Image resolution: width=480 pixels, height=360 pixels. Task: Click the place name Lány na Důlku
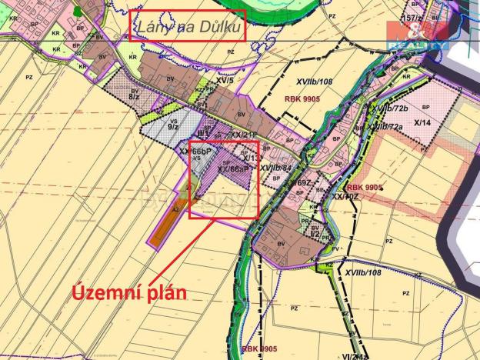click(x=188, y=28)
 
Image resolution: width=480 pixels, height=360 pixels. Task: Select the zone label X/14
click(x=423, y=123)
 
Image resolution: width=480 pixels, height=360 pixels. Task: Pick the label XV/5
click(x=224, y=80)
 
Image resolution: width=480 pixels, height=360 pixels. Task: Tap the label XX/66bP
click(x=195, y=152)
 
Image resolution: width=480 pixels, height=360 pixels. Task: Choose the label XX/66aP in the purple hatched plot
click(x=233, y=169)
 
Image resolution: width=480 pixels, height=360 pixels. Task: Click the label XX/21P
click(x=245, y=134)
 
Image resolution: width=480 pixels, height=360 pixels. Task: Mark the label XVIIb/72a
click(x=385, y=126)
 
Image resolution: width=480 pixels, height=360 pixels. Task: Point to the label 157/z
click(x=414, y=18)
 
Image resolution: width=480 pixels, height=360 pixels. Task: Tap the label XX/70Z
click(x=345, y=196)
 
